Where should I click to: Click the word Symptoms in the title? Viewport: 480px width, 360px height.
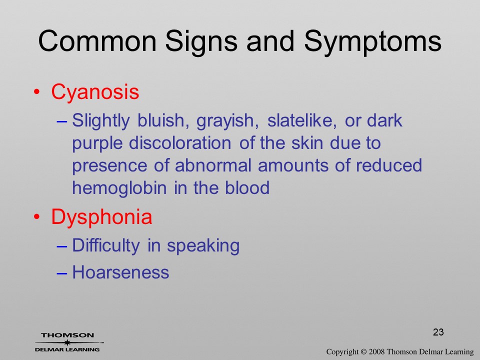(x=372, y=42)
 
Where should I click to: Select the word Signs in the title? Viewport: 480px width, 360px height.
(x=201, y=42)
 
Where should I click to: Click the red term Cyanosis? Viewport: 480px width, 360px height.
(x=95, y=92)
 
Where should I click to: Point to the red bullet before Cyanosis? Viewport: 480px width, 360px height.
(x=36, y=92)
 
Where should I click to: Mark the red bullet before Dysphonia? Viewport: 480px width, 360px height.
(x=36, y=217)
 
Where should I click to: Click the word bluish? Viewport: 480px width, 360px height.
(x=161, y=120)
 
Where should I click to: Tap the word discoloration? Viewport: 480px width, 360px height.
(x=180, y=143)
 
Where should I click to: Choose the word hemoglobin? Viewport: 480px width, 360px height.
(x=119, y=188)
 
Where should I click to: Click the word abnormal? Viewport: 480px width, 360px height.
(x=213, y=165)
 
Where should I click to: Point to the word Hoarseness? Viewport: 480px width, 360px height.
(x=120, y=272)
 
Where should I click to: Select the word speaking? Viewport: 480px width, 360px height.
(x=203, y=246)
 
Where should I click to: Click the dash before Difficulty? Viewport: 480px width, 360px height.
(x=62, y=246)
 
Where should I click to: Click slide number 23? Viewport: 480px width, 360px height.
(x=438, y=332)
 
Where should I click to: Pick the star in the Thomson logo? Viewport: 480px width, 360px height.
(x=67, y=342)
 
